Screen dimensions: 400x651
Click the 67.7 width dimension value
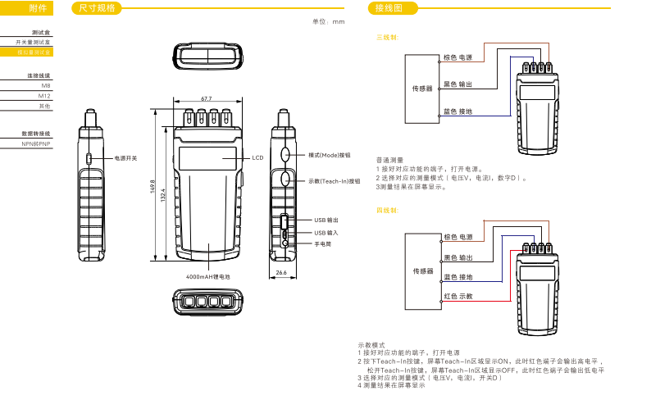coord(207,98)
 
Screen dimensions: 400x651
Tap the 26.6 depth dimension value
coord(281,272)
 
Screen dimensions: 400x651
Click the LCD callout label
coord(257,157)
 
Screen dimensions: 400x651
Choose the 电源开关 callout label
coord(125,157)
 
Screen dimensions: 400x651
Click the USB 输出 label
coord(326,220)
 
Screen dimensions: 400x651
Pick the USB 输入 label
coord(326,232)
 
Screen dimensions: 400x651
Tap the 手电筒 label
coord(323,243)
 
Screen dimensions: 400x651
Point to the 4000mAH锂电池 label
coord(208,277)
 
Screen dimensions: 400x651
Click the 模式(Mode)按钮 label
coord(329,155)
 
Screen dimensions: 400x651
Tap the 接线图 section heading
coord(385,8)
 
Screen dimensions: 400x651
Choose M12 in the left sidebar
coord(44,96)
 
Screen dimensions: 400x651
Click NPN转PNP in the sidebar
coord(36,143)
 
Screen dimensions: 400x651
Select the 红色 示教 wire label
coord(458,295)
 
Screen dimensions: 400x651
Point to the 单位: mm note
coord(329,22)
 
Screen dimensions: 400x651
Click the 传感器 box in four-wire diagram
coord(422,270)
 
